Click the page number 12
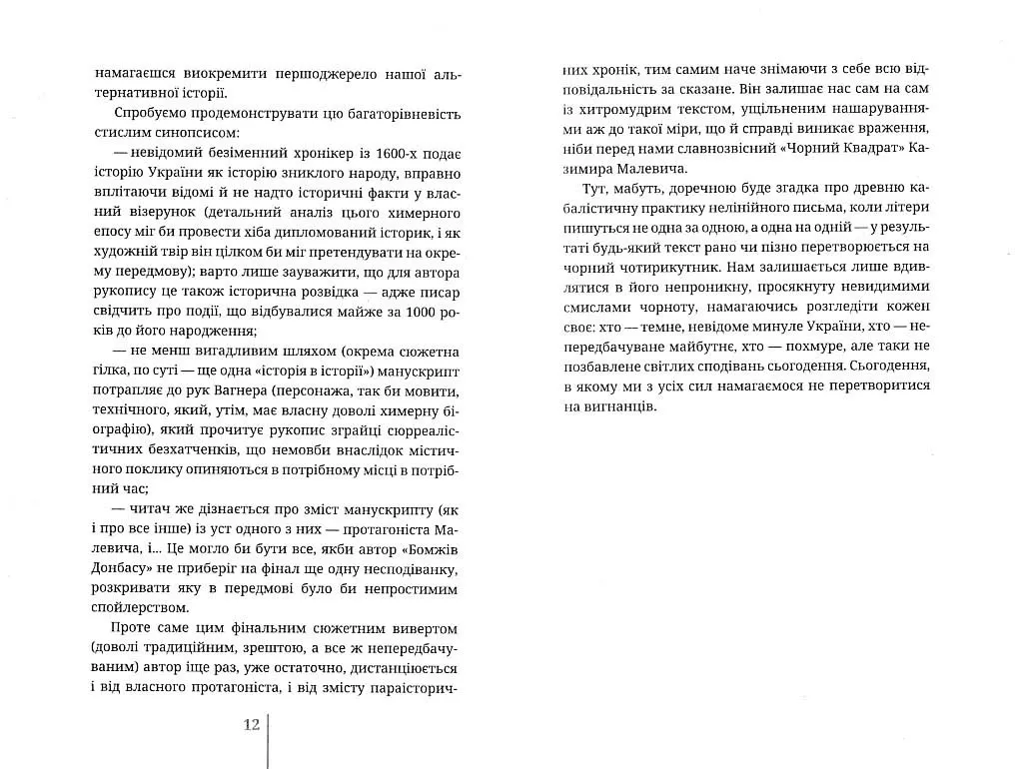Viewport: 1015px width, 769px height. coord(251,724)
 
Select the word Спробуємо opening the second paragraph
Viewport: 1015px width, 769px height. coord(152,111)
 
